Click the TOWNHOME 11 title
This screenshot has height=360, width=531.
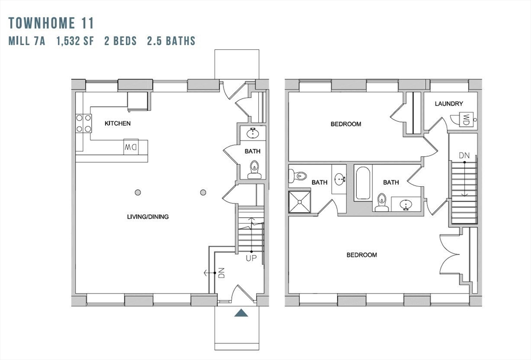tap(51, 23)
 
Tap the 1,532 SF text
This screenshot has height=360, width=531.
tap(75, 41)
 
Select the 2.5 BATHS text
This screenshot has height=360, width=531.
tap(171, 41)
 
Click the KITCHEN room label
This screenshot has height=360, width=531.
tap(118, 123)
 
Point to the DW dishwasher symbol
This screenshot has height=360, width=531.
tap(131, 147)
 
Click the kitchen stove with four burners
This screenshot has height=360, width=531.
tap(83, 123)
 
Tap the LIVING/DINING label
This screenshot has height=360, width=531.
tap(148, 217)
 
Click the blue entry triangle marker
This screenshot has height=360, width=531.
tap(241, 313)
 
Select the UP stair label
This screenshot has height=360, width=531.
tap(251, 258)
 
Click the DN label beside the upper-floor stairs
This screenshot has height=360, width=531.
tap(464, 156)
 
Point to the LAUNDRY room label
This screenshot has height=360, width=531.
tap(449, 104)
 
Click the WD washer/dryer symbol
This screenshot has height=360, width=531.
tap(466, 120)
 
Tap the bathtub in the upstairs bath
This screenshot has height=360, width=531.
tap(364, 183)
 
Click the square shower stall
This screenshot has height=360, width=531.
tap(300, 202)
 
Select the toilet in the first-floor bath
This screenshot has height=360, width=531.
tap(254, 170)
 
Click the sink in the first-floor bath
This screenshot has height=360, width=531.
tap(253, 133)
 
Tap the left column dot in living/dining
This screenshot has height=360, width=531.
tap(138, 192)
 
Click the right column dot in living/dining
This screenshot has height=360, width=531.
tap(203, 192)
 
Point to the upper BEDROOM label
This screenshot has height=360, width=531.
tap(346, 124)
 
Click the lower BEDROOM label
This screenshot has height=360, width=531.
tap(361, 255)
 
